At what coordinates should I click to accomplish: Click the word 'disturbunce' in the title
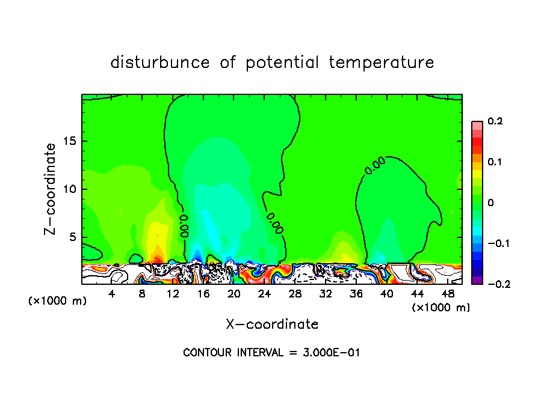[160, 62]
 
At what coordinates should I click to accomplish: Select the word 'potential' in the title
[280, 62]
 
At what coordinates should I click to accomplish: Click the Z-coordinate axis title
[52, 189]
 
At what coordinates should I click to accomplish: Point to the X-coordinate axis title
[272, 324]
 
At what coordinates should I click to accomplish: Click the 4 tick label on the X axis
[112, 294]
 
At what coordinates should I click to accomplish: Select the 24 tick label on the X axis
[264, 294]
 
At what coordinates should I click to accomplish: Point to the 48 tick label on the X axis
[448, 294]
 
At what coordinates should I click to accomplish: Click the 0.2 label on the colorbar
[495, 121]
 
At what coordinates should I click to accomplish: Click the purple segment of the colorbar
[477, 280]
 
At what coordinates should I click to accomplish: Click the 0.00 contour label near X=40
[375, 169]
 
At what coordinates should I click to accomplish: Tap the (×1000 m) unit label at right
[441, 308]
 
